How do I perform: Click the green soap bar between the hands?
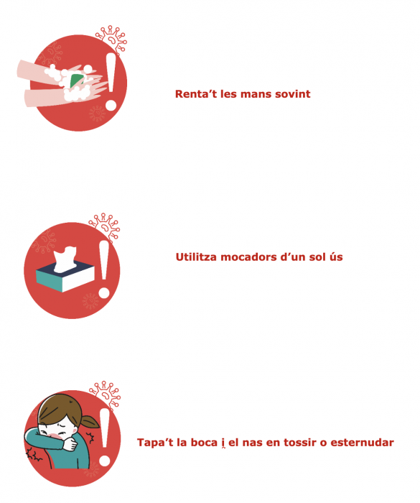(77, 80)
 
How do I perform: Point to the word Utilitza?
(197, 257)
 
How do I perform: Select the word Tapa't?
(156, 443)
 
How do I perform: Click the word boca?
(204, 443)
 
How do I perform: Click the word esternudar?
(362, 443)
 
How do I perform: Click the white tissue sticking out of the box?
(65, 259)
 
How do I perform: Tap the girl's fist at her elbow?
(70, 444)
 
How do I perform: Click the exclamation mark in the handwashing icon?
(111, 81)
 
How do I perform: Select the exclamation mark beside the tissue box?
(104, 269)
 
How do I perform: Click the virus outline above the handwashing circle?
(111, 40)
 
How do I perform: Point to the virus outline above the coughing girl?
(105, 394)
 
